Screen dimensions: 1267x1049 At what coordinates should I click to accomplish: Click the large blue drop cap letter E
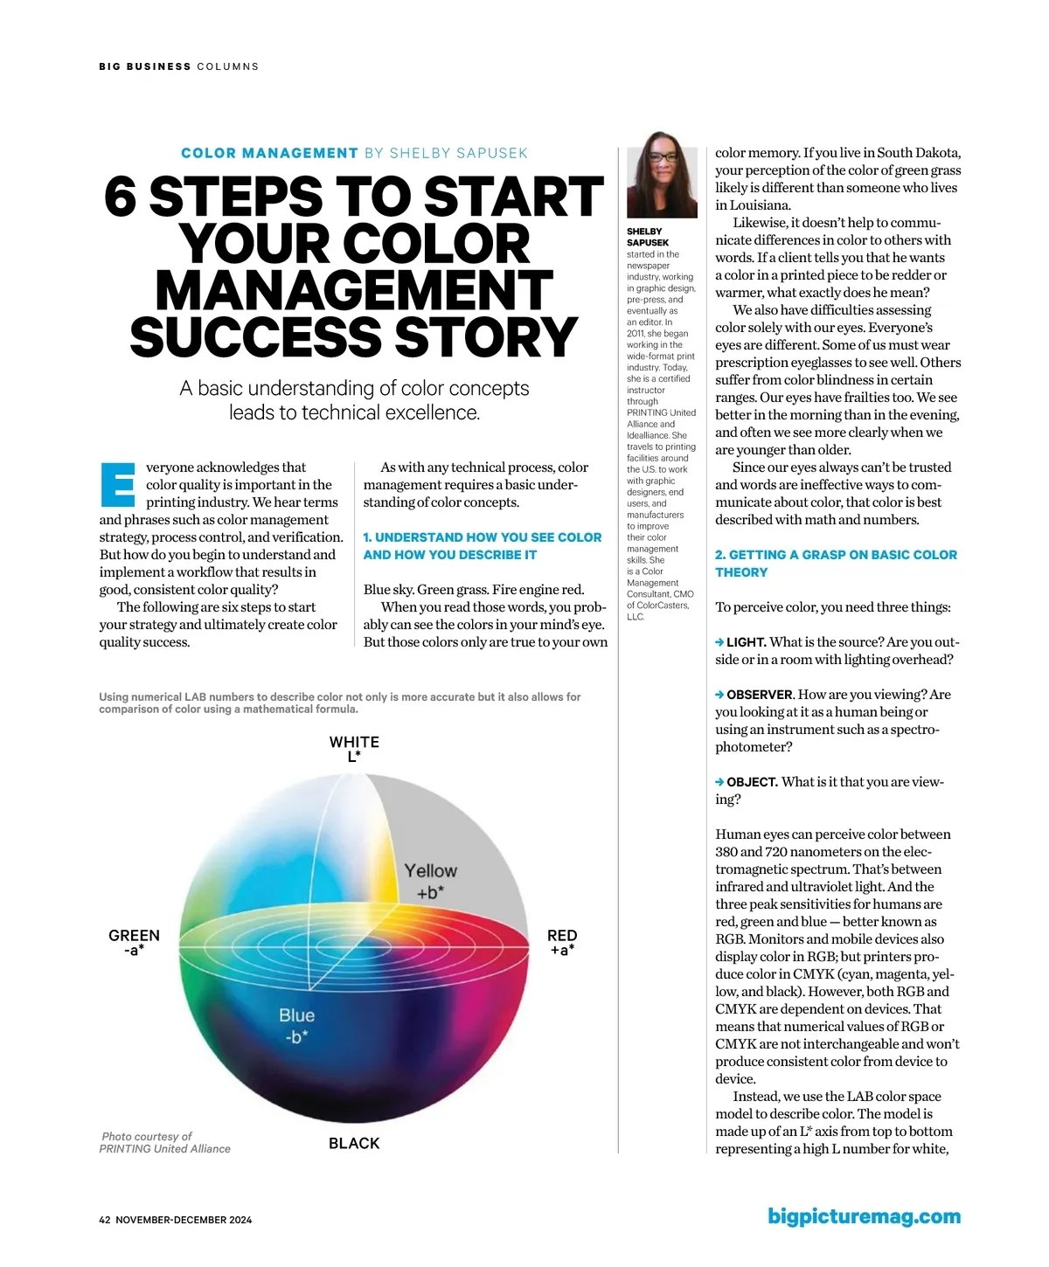118,484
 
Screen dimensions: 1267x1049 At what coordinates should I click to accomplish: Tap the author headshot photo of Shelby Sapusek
662,175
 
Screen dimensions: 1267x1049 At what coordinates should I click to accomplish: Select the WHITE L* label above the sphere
354,749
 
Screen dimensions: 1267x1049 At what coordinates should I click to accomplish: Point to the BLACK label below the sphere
354,1143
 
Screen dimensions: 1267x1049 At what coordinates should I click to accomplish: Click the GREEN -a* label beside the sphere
134,942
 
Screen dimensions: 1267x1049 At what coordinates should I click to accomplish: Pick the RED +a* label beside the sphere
562,942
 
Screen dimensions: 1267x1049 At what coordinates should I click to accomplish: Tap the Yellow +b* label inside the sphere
430,881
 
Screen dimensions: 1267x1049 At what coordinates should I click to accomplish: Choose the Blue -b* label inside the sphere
296,1025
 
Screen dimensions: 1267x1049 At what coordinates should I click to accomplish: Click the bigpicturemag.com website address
864,1216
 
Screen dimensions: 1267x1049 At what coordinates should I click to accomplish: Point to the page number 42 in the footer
105,1220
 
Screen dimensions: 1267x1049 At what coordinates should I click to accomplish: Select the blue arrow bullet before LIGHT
719,642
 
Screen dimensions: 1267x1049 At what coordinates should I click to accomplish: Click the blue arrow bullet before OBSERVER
719,695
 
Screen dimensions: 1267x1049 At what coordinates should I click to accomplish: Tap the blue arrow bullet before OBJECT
719,782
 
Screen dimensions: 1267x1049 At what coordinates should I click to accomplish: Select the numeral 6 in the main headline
121,197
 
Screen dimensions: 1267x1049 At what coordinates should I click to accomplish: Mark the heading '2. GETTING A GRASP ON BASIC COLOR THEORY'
836,563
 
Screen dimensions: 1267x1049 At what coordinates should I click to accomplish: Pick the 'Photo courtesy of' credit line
147,1136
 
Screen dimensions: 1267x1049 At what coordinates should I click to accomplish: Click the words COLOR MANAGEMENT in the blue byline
269,153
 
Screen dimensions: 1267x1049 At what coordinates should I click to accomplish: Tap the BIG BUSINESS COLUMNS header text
178,66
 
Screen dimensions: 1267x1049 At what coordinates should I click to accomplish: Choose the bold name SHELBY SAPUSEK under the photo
648,237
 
